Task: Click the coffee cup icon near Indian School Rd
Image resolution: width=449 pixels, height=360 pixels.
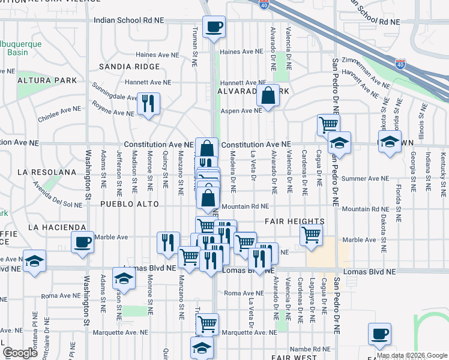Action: (214, 26)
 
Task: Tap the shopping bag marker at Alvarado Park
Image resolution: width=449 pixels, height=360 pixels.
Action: (268, 95)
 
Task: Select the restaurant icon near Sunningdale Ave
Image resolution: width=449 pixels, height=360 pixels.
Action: (147, 103)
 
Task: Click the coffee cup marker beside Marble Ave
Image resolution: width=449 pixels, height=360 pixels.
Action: (82, 242)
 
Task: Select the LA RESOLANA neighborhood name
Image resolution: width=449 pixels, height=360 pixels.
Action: (47, 172)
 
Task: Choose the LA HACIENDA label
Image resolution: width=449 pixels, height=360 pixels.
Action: (57, 227)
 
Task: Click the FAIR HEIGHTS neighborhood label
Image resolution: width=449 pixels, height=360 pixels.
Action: (294, 221)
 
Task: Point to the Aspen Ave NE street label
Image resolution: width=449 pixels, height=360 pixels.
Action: (241, 110)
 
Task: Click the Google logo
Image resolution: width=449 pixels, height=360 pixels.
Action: (20, 353)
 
